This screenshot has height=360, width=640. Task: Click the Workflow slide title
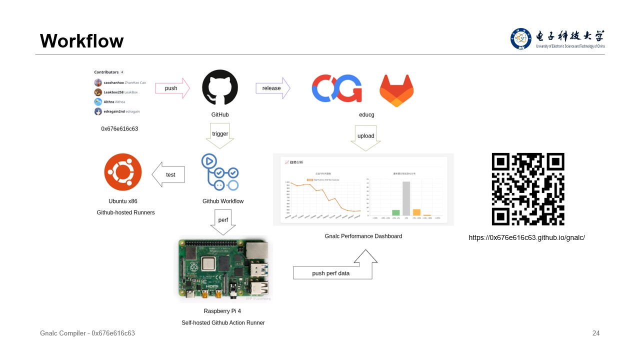pos(81,41)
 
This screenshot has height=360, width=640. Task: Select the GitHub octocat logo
pos(220,87)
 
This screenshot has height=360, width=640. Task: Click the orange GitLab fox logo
pos(396,90)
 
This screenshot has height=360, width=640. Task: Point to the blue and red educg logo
pos(336,88)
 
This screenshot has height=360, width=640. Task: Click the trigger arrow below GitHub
pos(220,136)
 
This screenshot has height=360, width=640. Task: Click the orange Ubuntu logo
pos(123,172)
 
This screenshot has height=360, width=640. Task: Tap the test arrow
pos(168,174)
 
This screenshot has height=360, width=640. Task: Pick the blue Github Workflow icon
pos(220,172)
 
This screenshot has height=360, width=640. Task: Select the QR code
pos(528,189)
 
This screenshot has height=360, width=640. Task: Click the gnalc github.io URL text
pos(526,237)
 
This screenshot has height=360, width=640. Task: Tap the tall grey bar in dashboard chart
pos(406,198)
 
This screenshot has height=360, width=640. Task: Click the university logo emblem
pos(521,38)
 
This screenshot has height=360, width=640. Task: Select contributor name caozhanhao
pos(111,82)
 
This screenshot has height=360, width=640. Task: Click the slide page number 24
pos(595,333)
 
